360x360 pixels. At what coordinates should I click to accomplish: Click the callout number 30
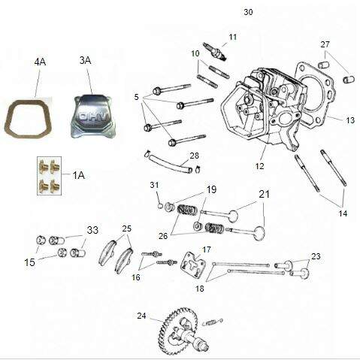click(x=248, y=12)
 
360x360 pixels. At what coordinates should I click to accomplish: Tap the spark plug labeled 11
click(x=216, y=52)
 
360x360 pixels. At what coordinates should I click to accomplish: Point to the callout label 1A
click(x=78, y=176)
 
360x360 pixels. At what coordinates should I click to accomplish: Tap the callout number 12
click(x=259, y=166)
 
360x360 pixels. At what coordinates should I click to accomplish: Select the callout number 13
click(x=350, y=120)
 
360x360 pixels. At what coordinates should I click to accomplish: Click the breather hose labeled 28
click(x=171, y=163)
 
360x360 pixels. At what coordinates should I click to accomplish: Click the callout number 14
click(x=343, y=213)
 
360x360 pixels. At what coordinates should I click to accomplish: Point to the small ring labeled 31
click(x=160, y=206)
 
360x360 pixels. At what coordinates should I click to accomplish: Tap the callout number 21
click(x=265, y=195)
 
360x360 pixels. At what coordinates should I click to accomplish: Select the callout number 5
click(x=136, y=97)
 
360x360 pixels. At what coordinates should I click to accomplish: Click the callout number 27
click(x=325, y=44)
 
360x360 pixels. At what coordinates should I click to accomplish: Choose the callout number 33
click(x=92, y=230)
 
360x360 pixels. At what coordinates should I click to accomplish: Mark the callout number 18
click(x=200, y=289)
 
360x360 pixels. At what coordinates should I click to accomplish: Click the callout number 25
click(x=127, y=228)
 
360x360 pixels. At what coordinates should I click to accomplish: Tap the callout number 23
click(x=316, y=256)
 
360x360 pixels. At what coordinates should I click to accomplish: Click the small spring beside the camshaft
click(x=213, y=322)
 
